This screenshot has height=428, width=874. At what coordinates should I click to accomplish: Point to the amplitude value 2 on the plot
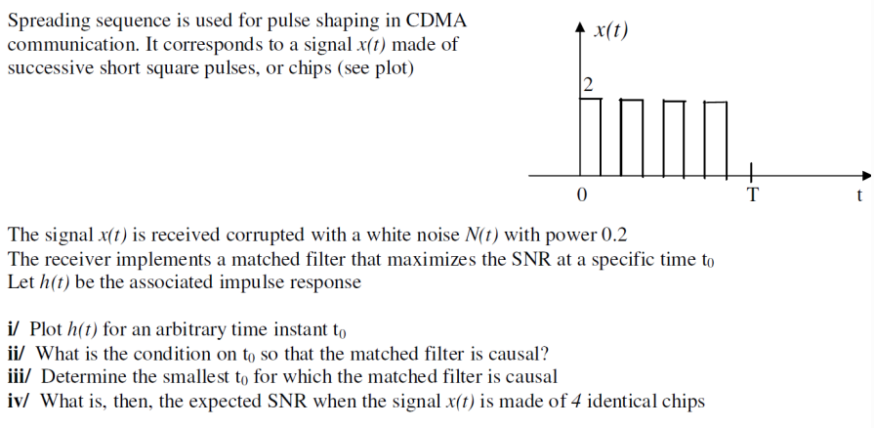586,84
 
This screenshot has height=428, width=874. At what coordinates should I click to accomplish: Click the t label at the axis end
858,195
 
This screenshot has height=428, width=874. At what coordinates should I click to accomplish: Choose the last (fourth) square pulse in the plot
716,137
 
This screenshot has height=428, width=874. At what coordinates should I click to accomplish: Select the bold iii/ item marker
21,377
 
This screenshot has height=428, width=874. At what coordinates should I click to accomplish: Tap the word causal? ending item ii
517,353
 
